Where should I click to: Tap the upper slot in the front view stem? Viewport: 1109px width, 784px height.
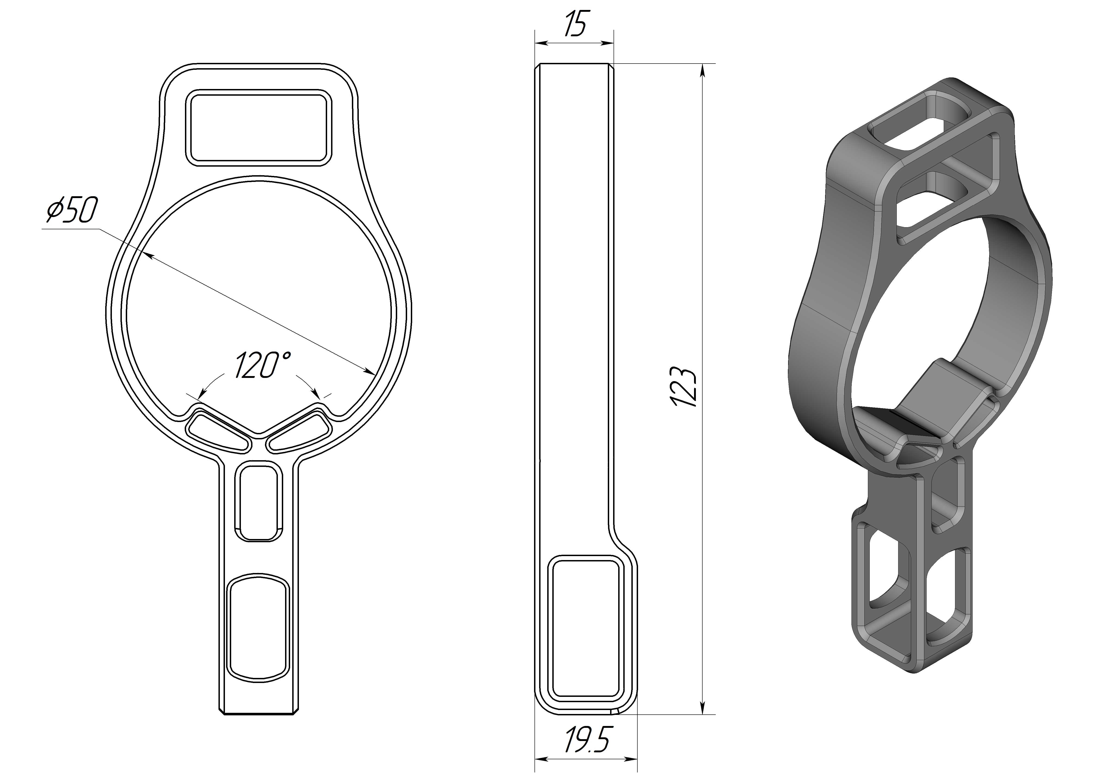(258, 502)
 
